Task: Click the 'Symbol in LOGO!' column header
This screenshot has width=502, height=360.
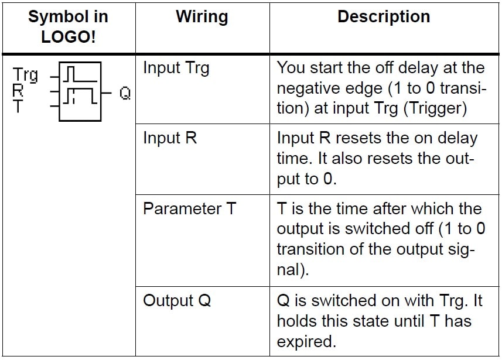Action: pyautogui.click(x=68, y=26)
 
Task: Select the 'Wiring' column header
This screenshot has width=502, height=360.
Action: pyautogui.click(x=202, y=16)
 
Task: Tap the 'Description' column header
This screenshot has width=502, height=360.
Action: pyautogui.click(x=384, y=16)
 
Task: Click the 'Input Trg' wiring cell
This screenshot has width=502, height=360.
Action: pyautogui.click(x=176, y=68)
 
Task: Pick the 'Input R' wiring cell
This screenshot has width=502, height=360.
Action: pyautogui.click(x=170, y=138)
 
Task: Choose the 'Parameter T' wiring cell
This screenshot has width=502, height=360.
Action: pyautogui.click(x=189, y=208)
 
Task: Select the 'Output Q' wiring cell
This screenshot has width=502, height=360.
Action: pyautogui.click(x=177, y=301)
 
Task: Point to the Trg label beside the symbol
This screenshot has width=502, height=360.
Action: pyautogui.click(x=25, y=75)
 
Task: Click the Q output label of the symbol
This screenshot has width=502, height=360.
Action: pyautogui.click(x=125, y=94)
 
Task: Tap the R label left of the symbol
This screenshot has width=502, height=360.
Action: pyautogui.click(x=18, y=90)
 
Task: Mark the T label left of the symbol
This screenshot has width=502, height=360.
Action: pyautogui.click(x=18, y=105)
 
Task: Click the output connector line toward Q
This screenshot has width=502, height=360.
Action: pyautogui.click(x=106, y=93)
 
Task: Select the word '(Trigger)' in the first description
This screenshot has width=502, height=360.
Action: pyautogui.click(x=435, y=108)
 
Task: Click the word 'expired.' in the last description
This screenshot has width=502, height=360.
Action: pyautogui.click(x=306, y=342)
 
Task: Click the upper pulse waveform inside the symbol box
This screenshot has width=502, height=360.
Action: pyautogui.click(x=80, y=74)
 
